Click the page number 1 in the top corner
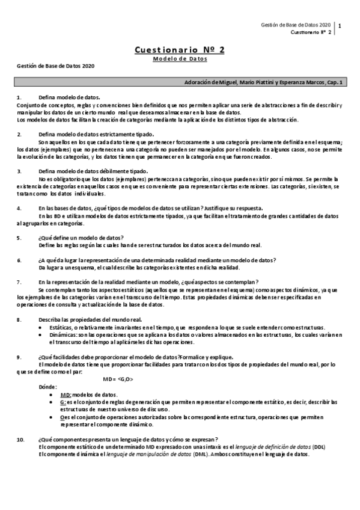pyautogui.click(x=341, y=26)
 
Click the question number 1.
pyautogui.click(x=19, y=97)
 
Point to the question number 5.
pyautogui.click(x=19, y=238)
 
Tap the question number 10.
pyautogui.click(x=20, y=440)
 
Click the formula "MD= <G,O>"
pyautogui.click(x=118, y=378)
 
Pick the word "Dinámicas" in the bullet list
pyautogui.click(x=62, y=335)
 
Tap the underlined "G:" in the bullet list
pyautogui.click(x=64, y=402)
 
